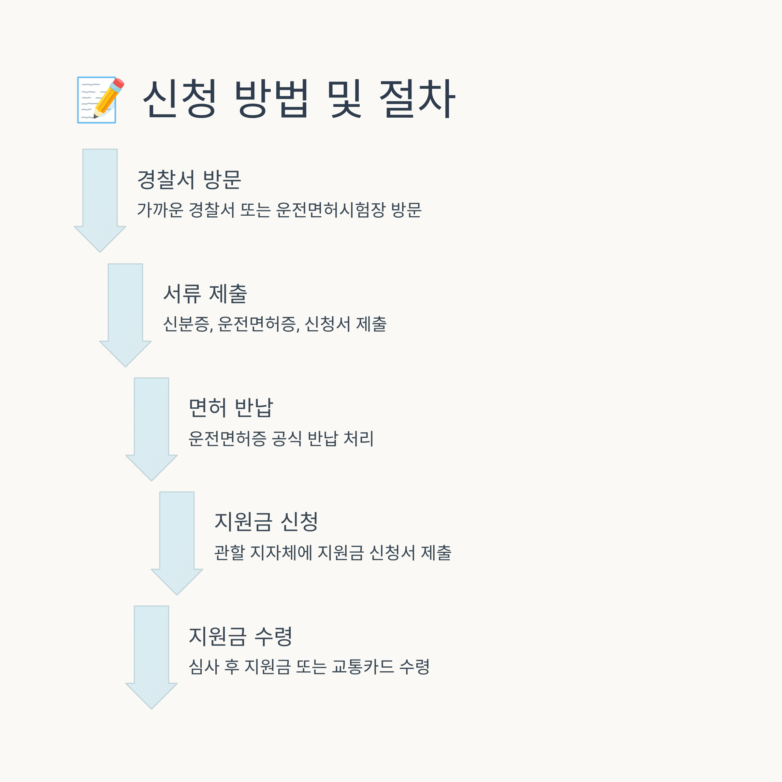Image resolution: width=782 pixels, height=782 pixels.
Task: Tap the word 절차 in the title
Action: tap(417, 99)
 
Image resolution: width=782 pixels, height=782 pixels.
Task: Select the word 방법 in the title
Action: tap(272, 99)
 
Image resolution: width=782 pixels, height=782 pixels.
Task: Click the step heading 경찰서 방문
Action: tap(189, 179)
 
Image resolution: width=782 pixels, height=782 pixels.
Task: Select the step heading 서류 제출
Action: tap(205, 294)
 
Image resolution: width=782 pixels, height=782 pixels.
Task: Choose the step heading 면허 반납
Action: tap(231, 408)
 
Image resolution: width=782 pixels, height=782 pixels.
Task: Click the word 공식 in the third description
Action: tap(287, 438)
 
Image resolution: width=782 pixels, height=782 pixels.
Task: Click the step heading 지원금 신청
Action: tap(266, 521)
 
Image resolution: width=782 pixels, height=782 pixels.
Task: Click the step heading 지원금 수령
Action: tap(240, 636)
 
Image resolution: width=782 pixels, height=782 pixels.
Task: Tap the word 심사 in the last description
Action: tap(204, 667)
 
